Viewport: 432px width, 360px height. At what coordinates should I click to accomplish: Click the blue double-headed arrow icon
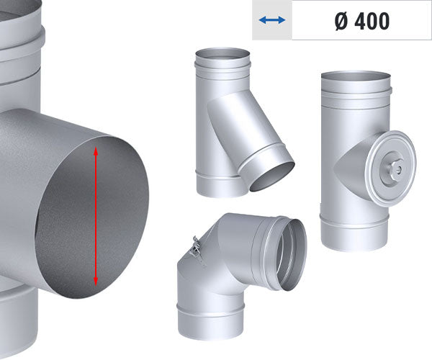(272, 20)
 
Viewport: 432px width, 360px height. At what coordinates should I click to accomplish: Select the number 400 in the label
(372, 21)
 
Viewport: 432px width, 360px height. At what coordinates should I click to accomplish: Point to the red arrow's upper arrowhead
(96, 149)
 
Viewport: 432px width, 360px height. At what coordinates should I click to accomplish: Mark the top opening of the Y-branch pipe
(222, 54)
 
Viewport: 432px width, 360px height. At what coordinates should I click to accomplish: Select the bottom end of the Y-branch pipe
(220, 185)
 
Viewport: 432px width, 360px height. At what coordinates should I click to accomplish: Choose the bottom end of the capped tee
(354, 242)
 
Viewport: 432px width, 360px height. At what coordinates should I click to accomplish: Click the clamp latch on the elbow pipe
(193, 248)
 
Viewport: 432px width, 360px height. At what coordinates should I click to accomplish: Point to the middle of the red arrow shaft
(96, 215)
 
